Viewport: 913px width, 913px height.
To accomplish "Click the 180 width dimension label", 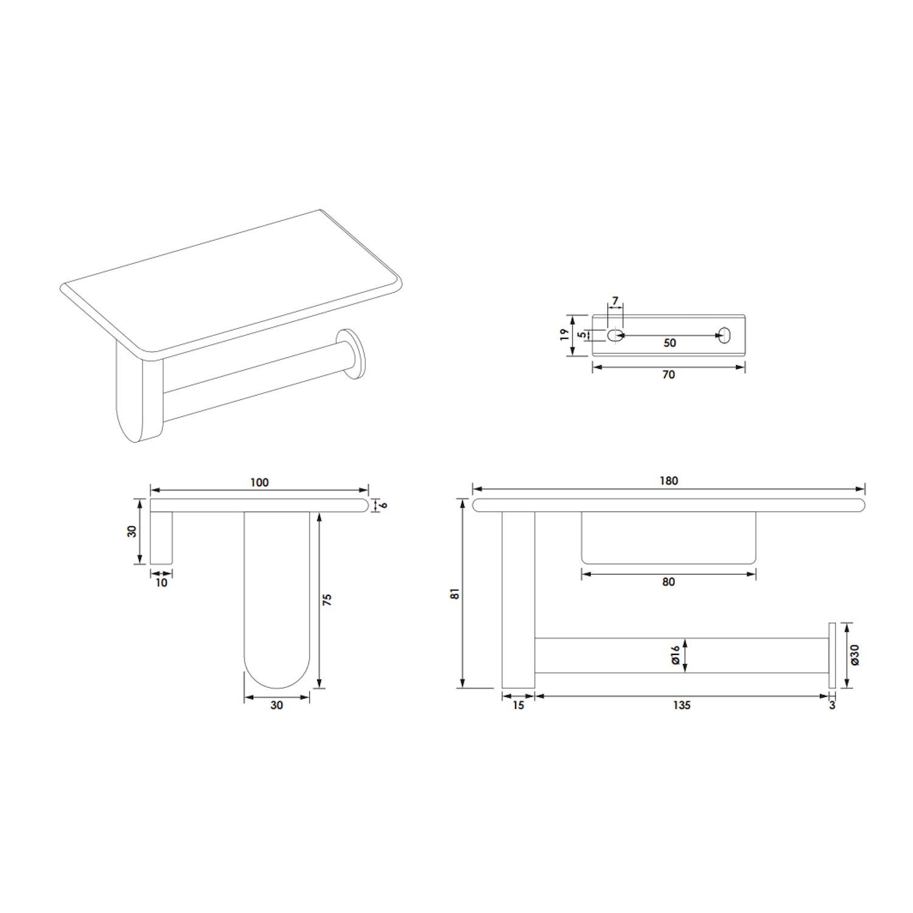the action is click(668, 481).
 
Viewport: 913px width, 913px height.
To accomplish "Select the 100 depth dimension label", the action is click(259, 483).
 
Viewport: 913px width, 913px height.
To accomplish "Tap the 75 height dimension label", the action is click(327, 600).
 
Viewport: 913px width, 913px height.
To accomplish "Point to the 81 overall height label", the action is click(455, 594).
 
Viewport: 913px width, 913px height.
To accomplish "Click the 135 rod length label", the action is click(682, 705).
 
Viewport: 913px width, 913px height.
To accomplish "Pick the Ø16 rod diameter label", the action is click(675, 655).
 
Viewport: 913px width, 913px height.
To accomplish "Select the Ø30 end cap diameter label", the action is click(855, 654).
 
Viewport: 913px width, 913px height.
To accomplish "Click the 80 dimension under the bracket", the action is click(668, 582).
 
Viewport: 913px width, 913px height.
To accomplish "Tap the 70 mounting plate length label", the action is click(668, 375).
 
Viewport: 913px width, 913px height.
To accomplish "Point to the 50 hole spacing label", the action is click(670, 343).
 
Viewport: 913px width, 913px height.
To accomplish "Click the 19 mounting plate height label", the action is click(565, 335).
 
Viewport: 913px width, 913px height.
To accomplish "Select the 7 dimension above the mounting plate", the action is click(615, 301).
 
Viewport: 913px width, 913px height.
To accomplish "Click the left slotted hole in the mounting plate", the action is click(613, 335).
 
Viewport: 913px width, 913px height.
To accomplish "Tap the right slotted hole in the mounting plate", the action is click(724, 335).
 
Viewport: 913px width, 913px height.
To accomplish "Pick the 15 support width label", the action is click(518, 705).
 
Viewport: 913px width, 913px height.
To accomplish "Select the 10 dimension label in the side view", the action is click(161, 582).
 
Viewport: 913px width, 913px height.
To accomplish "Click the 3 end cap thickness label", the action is click(832, 705).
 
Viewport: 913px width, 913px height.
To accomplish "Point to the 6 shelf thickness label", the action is click(383, 505).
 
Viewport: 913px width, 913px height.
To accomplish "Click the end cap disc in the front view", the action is click(832, 656).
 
